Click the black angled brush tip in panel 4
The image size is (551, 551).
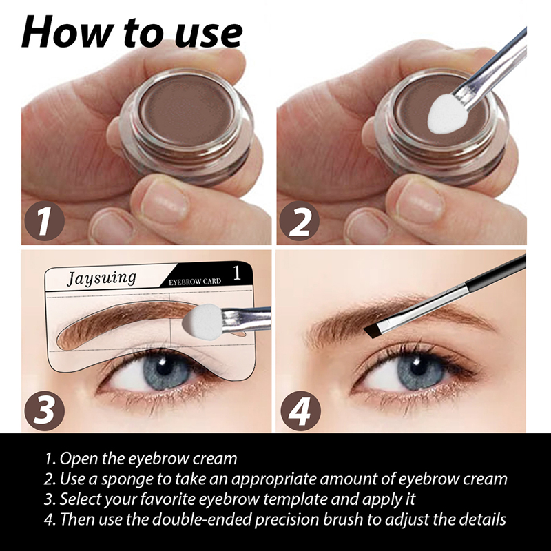coord(374,331)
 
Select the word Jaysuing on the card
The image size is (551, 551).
coord(101,278)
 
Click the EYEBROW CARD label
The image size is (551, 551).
coord(195,282)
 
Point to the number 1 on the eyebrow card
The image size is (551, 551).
coord(237,273)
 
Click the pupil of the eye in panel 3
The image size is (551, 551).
coord(163,366)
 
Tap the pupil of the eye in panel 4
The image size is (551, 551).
coord(418,368)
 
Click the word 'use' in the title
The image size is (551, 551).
coord(209,34)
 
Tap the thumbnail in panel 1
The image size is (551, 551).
coord(164,202)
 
